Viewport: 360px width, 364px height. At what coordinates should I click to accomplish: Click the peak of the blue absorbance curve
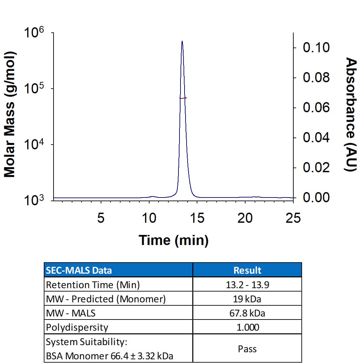click(182, 41)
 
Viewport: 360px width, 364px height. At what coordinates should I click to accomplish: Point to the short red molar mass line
click(183, 98)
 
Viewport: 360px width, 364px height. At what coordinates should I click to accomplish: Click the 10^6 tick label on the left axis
click(34, 34)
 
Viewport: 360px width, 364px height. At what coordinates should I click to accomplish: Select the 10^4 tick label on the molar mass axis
click(34, 146)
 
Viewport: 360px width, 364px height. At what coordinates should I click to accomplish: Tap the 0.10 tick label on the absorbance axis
click(316, 48)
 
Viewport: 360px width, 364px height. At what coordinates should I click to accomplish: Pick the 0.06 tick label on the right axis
click(316, 108)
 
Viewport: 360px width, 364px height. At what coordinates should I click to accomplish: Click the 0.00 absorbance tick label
click(316, 198)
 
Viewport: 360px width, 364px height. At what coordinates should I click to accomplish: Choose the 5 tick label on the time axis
click(101, 218)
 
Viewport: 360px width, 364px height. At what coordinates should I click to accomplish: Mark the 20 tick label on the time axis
click(245, 218)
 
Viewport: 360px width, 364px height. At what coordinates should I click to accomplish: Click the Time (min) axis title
click(173, 240)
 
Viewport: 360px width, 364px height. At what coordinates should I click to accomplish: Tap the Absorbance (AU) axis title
click(351, 115)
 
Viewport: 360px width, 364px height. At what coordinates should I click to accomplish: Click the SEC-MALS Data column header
click(79, 270)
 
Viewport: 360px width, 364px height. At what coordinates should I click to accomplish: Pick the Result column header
click(247, 270)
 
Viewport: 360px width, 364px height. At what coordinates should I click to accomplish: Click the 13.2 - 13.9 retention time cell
click(247, 285)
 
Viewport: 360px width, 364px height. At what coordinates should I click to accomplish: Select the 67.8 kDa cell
click(247, 313)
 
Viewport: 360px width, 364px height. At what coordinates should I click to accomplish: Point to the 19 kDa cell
click(247, 299)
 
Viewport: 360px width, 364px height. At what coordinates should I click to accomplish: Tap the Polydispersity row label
click(77, 327)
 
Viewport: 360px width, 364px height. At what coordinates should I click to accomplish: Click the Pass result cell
click(247, 348)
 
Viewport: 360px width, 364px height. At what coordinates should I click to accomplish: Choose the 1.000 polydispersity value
click(247, 327)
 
